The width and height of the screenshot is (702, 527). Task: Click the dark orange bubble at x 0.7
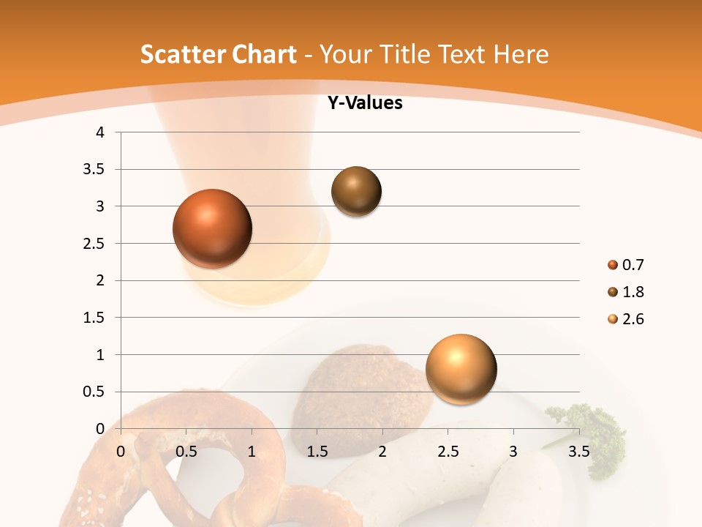213,228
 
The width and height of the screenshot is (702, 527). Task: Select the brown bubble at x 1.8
356,191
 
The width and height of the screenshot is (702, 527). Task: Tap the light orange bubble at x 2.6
461,369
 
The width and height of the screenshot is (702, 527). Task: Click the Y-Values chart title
364,103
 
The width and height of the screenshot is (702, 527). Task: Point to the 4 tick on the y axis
100,132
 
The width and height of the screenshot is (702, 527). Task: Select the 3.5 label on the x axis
578,451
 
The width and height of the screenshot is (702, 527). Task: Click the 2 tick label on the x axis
382,451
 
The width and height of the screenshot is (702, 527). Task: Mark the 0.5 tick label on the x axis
186,451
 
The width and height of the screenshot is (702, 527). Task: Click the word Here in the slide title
520,54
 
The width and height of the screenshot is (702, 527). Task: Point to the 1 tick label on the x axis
252,451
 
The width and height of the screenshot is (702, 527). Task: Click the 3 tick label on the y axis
100,206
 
